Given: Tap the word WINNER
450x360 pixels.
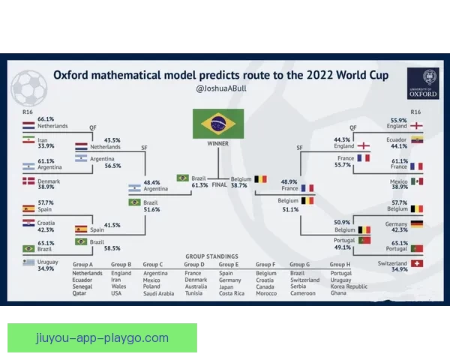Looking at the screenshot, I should click(218, 142).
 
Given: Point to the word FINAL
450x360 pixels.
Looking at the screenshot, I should click(220, 184).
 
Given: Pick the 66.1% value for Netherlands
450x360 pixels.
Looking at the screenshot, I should click(46, 119).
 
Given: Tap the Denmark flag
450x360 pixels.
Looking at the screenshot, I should click(28, 181).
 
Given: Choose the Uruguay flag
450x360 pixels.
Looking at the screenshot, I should click(28, 262).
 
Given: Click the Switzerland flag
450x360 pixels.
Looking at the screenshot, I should click(417, 264).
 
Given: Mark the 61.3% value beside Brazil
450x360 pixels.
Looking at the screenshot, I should click(199, 184).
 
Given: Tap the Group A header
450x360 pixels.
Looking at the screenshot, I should click(82, 265).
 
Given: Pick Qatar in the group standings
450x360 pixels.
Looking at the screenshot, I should click(80, 293).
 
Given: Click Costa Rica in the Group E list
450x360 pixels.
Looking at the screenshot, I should click(232, 293).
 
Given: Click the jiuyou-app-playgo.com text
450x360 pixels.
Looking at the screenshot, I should click(102, 338).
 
